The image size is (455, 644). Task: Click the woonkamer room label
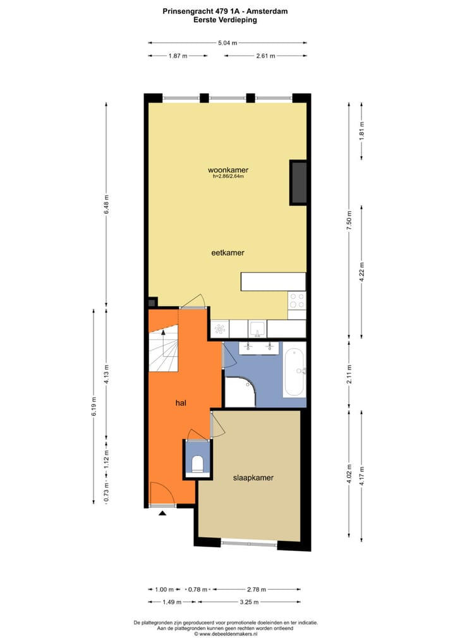pos(227,170)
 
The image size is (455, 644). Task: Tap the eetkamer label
pos(227,252)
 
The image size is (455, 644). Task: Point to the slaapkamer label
pos(253,478)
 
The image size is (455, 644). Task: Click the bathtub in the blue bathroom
pos(294,371)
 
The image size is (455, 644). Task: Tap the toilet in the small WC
pos(197,464)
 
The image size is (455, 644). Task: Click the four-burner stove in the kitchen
pos(296,301)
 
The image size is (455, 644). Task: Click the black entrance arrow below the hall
pos(162,514)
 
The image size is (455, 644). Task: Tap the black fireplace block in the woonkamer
pos(298,182)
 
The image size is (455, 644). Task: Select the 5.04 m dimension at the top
pos(227,43)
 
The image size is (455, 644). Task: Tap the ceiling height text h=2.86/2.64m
pos(228,177)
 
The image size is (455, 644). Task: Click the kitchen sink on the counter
pos(257,329)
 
